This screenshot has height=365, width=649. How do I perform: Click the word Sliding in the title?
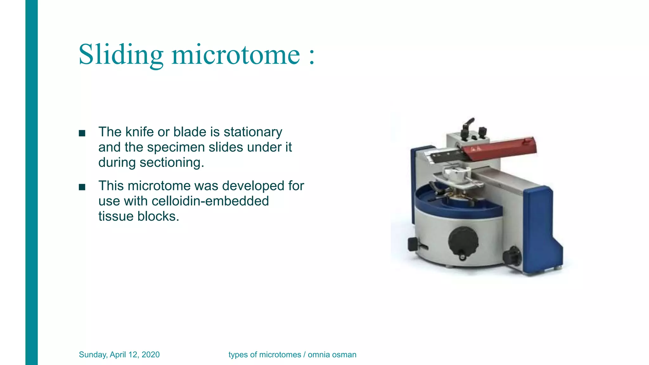tap(121, 54)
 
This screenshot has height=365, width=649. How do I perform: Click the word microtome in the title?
tap(235, 54)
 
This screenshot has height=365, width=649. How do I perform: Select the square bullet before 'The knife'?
tap(82, 133)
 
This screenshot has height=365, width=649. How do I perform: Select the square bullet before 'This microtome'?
tap(82, 187)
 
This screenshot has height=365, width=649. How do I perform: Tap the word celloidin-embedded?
tap(210, 201)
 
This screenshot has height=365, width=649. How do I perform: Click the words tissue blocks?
tap(138, 216)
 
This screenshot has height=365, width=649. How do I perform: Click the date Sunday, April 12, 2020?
tap(119, 355)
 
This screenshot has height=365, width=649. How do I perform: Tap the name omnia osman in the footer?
tap(332, 355)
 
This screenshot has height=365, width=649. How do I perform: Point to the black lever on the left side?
tap(414, 244)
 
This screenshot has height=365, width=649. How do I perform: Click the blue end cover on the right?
tap(540, 228)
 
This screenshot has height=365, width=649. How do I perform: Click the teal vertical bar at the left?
tap(31, 182)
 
